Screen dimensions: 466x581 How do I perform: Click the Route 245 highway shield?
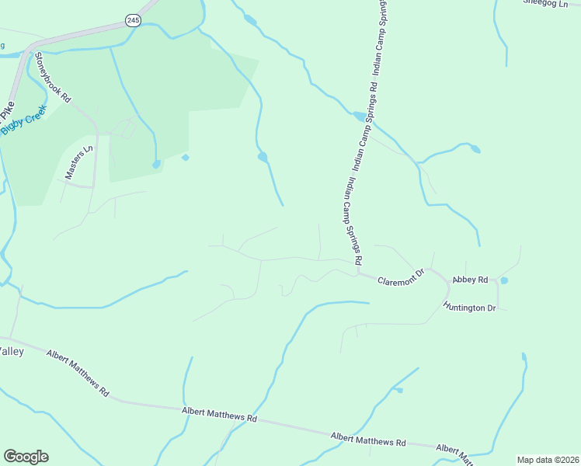[133, 21]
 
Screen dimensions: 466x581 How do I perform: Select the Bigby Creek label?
[24, 121]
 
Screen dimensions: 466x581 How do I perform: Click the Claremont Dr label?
[401, 277]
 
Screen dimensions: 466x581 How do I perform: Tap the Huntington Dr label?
[469, 308]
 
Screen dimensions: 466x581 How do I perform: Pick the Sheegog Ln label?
[545, 3]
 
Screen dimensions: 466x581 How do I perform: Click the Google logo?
[26, 457]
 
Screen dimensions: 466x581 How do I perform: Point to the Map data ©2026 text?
[548, 459]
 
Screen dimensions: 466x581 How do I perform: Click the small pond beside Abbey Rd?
[504, 280]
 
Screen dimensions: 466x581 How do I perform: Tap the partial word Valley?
[12, 351]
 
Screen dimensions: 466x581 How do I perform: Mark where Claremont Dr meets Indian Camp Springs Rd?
[358, 272]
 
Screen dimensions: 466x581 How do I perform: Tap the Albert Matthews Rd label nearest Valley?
[77, 374]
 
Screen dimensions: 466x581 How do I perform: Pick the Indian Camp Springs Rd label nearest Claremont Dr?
[353, 217]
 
